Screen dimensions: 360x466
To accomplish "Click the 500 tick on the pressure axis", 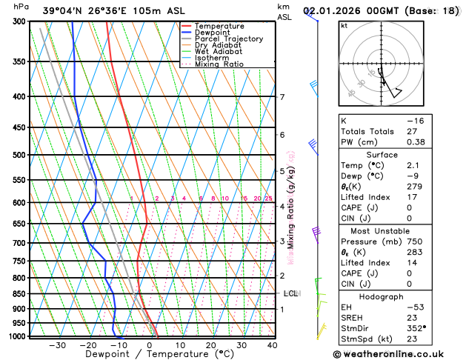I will (20, 155).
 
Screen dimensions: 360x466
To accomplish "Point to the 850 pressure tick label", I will (20, 294).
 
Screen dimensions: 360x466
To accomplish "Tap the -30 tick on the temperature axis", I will (57, 344).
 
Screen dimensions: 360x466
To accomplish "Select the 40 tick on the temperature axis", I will (273, 344).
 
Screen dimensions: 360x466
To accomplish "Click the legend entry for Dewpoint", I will (212, 33).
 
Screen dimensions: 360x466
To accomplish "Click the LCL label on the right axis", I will (290, 293).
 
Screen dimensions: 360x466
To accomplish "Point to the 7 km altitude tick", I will (282, 97).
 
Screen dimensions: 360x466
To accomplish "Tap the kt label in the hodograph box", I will (344, 25).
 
